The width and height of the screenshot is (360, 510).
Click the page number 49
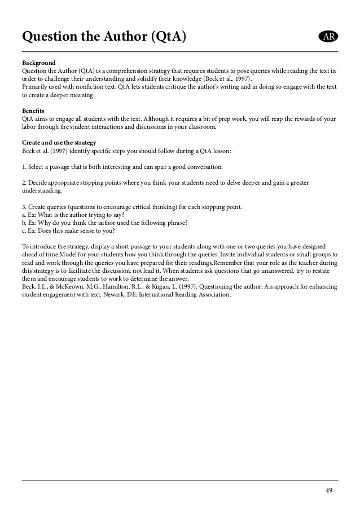tap(328, 490)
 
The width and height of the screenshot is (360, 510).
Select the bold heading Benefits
tap(33, 111)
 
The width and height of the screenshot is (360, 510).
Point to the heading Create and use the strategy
tap(59, 143)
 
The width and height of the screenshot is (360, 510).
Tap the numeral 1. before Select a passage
tap(24, 168)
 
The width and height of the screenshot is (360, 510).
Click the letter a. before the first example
tap(24, 216)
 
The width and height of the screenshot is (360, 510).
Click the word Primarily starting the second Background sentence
tap(35, 86)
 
